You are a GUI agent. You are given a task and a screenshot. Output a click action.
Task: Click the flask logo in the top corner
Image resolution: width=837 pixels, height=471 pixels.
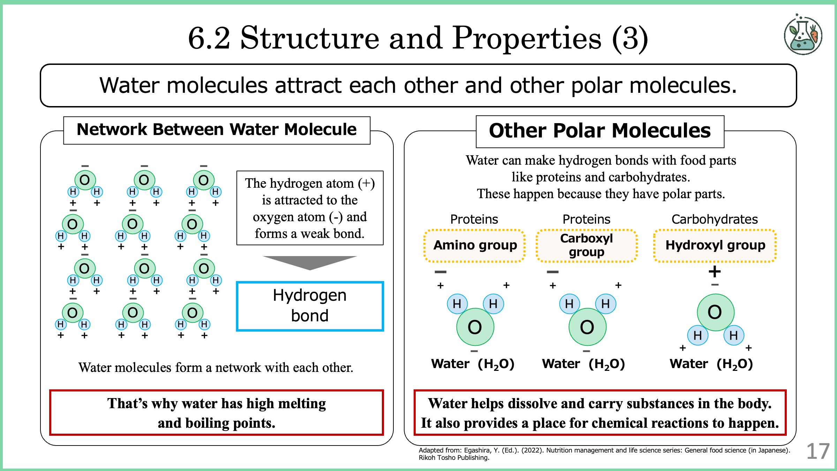tap(803, 34)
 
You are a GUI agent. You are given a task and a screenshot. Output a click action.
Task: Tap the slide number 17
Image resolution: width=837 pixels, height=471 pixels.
tap(818, 451)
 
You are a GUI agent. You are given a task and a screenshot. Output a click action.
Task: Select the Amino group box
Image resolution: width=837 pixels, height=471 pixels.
tap(475, 246)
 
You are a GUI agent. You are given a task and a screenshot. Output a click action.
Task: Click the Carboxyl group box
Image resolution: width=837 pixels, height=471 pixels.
tap(587, 246)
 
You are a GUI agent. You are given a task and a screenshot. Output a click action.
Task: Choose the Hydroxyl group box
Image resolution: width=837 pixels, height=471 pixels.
tap(715, 246)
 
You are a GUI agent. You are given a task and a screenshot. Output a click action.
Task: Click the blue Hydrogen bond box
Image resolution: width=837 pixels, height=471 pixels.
tap(310, 306)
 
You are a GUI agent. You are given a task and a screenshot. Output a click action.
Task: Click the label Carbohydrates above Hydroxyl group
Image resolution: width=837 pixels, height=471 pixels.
tap(715, 219)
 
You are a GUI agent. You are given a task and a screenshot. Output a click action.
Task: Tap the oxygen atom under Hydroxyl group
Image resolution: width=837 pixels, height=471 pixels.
tap(715, 312)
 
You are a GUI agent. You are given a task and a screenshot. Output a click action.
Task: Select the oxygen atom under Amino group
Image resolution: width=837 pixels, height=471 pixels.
tap(475, 327)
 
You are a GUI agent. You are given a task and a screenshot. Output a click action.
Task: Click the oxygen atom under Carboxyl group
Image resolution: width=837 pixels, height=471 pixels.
tap(587, 327)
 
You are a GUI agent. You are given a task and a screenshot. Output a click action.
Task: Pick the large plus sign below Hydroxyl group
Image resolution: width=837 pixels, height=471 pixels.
tap(715, 271)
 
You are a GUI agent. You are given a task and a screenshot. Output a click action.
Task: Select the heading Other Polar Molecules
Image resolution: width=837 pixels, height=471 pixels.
tap(600, 131)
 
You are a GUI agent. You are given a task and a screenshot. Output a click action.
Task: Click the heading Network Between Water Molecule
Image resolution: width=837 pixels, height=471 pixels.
tap(217, 129)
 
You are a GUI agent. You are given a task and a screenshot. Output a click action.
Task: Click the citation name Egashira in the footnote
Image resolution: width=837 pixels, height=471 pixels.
tap(477, 450)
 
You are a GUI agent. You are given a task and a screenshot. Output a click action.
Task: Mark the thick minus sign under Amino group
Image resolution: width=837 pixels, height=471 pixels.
tap(440, 272)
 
